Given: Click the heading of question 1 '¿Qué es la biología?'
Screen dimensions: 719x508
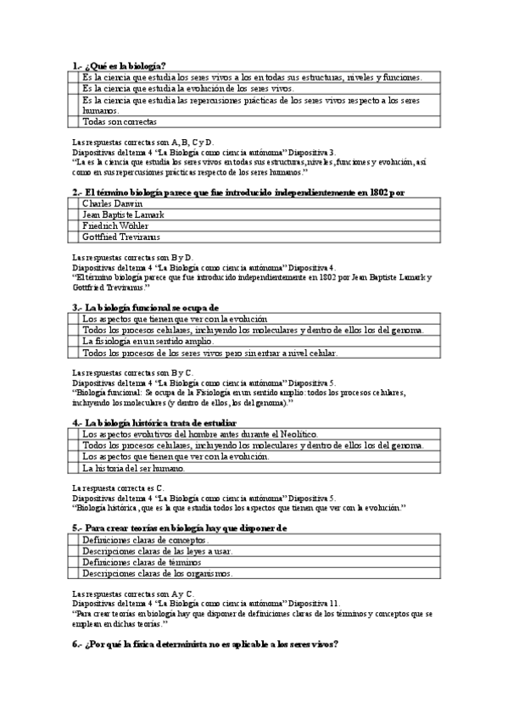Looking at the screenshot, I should coord(119,66).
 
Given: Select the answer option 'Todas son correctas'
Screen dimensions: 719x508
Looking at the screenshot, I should coord(120,121).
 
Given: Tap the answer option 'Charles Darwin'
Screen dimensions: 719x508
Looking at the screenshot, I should coord(113,203).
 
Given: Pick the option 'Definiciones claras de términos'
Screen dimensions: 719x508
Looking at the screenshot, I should coord(142,561).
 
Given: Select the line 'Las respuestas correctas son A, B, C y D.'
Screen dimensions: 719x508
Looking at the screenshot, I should coord(143,142).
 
